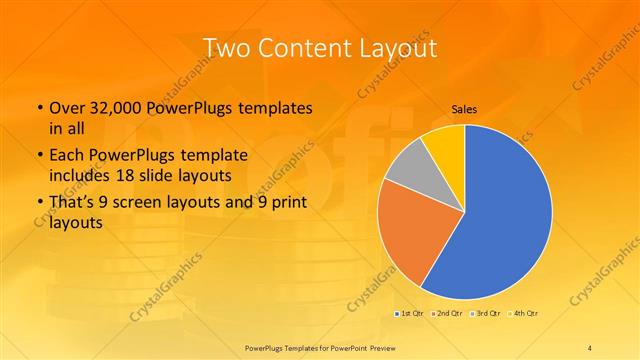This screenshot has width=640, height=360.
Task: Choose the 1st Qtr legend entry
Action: point(409,314)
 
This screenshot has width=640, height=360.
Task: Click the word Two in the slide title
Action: point(224,47)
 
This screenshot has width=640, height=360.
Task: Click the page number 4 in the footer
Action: point(590,346)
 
